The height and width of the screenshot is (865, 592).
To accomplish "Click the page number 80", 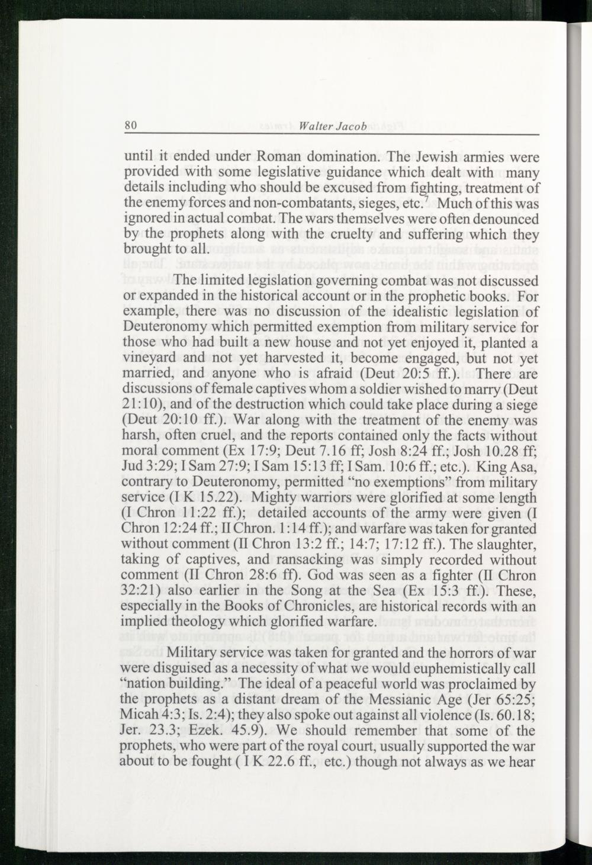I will (131, 126).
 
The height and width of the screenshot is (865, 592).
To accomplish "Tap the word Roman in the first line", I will (279, 157).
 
